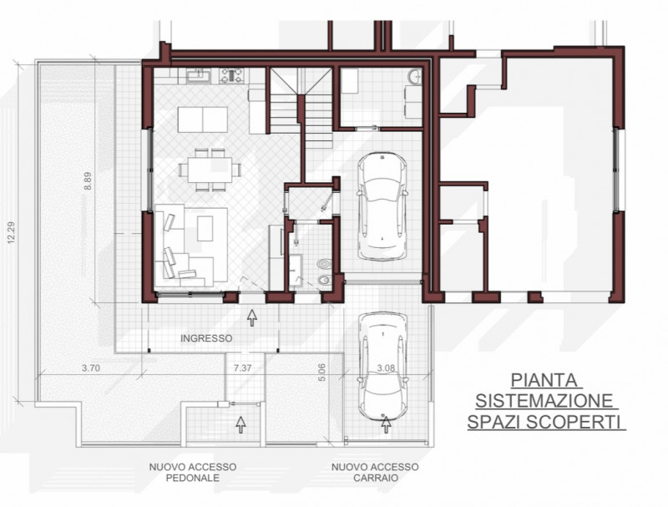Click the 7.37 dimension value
(242, 368)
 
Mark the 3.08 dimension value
(386, 368)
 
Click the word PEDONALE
(192, 479)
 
